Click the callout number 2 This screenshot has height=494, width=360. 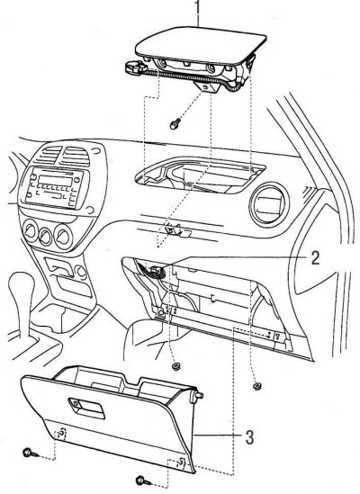(315, 258)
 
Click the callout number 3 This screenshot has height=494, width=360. (249, 437)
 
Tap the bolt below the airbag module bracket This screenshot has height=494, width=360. (175, 123)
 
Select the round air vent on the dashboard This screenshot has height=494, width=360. (268, 204)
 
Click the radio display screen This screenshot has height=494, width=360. (55, 181)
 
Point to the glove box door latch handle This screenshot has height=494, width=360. (86, 408)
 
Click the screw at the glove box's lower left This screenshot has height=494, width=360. (31, 454)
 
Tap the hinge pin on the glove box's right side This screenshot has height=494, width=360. (196, 395)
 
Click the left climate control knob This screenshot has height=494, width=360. (31, 231)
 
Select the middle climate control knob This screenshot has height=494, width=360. (46, 235)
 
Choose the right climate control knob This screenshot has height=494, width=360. (63, 237)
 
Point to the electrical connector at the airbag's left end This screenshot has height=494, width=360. (134, 67)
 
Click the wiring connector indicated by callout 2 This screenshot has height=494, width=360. (156, 271)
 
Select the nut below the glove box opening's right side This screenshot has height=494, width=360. (256, 386)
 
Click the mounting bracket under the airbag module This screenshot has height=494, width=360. (208, 85)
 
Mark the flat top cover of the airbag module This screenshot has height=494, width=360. (201, 45)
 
